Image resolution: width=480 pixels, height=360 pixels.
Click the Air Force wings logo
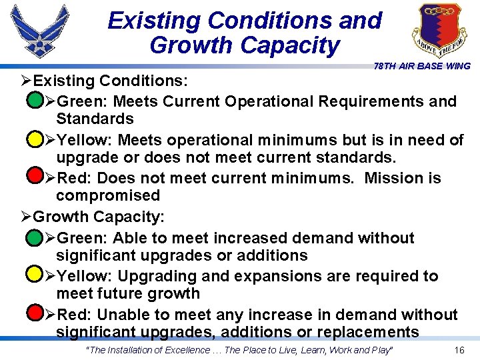pyautogui.click(x=39, y=30)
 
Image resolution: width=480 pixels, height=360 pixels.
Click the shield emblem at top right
pyautogui.click(x=435, y=30)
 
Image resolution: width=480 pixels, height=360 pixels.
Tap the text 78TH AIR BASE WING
pyautogui.click(x=422, y=66)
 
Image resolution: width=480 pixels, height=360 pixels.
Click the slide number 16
pyautogui.click(x=459, y=350)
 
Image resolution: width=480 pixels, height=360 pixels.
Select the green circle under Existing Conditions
pyautogui.click(x=33, y=102)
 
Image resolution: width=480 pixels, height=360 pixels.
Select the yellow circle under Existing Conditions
pyautogui.click(x=33, y=140)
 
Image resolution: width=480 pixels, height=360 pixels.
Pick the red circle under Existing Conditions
pyautogui.click(x=33, y=178)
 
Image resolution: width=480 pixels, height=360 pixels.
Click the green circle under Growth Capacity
pyautogui.click(x=33, y=237)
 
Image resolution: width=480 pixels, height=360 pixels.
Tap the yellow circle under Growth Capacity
pyautogui.click(x=33, y=275)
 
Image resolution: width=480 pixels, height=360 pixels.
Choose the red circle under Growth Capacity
pyautogui.click(x=33, y=313)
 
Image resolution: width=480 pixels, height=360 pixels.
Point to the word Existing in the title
pyautogui.click(x=154, y=20)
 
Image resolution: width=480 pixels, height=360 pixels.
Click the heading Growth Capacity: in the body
pyautogui.click(x=98, y=217)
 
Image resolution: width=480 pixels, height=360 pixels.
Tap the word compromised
pyautogui.click(x=108, y=195)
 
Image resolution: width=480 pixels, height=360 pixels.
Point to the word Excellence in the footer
pyautogui.click(x=181, y=350)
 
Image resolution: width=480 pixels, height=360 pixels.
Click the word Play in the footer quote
pyautogui.click(x=382, y=350)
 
